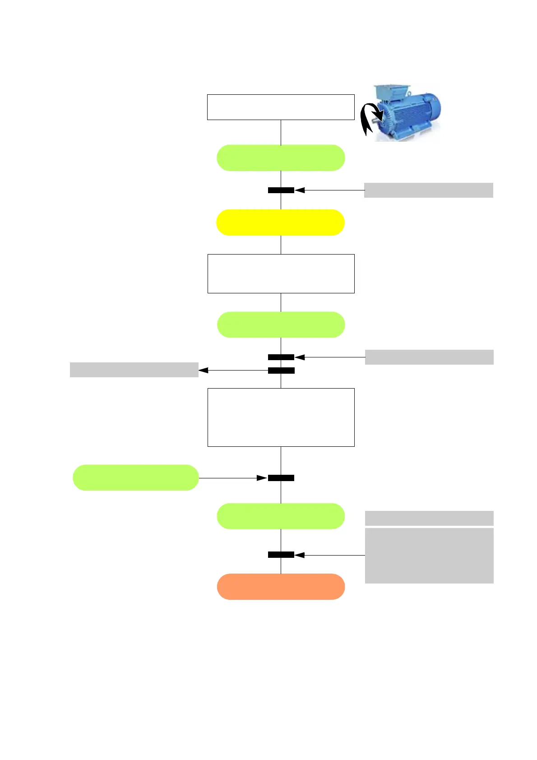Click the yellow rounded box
pyautogui.click(x=280, y=222)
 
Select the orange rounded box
pyautogui.click(x=281, y=587)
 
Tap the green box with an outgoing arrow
pyautogui.click(x=135, y=477)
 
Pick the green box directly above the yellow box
pyautogui.click(x=281, y=158)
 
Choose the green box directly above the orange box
pyautogui.click(x=281, y=516)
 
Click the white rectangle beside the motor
pyautogui.click(x=280, y=107)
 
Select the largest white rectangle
pyautogui.click(x=281, y=417)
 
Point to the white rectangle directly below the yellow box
pyautogui.click(x=281, y=274)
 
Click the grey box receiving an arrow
pyautogui.click(x=134, y=370)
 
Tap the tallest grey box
pyautogui.click(x=429, y=556)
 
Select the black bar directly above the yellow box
pyautogui.click(x=281, y=190)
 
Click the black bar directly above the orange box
pyautogui.click(x=281, y=555)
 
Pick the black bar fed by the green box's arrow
pyautogui.click(x=281, y=478)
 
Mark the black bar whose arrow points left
pyautogui.click(x=281, y=371)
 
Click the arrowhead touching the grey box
pyautogui.click(x=204, y=370)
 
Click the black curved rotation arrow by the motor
pyautogui.click(x=370, y=118)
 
